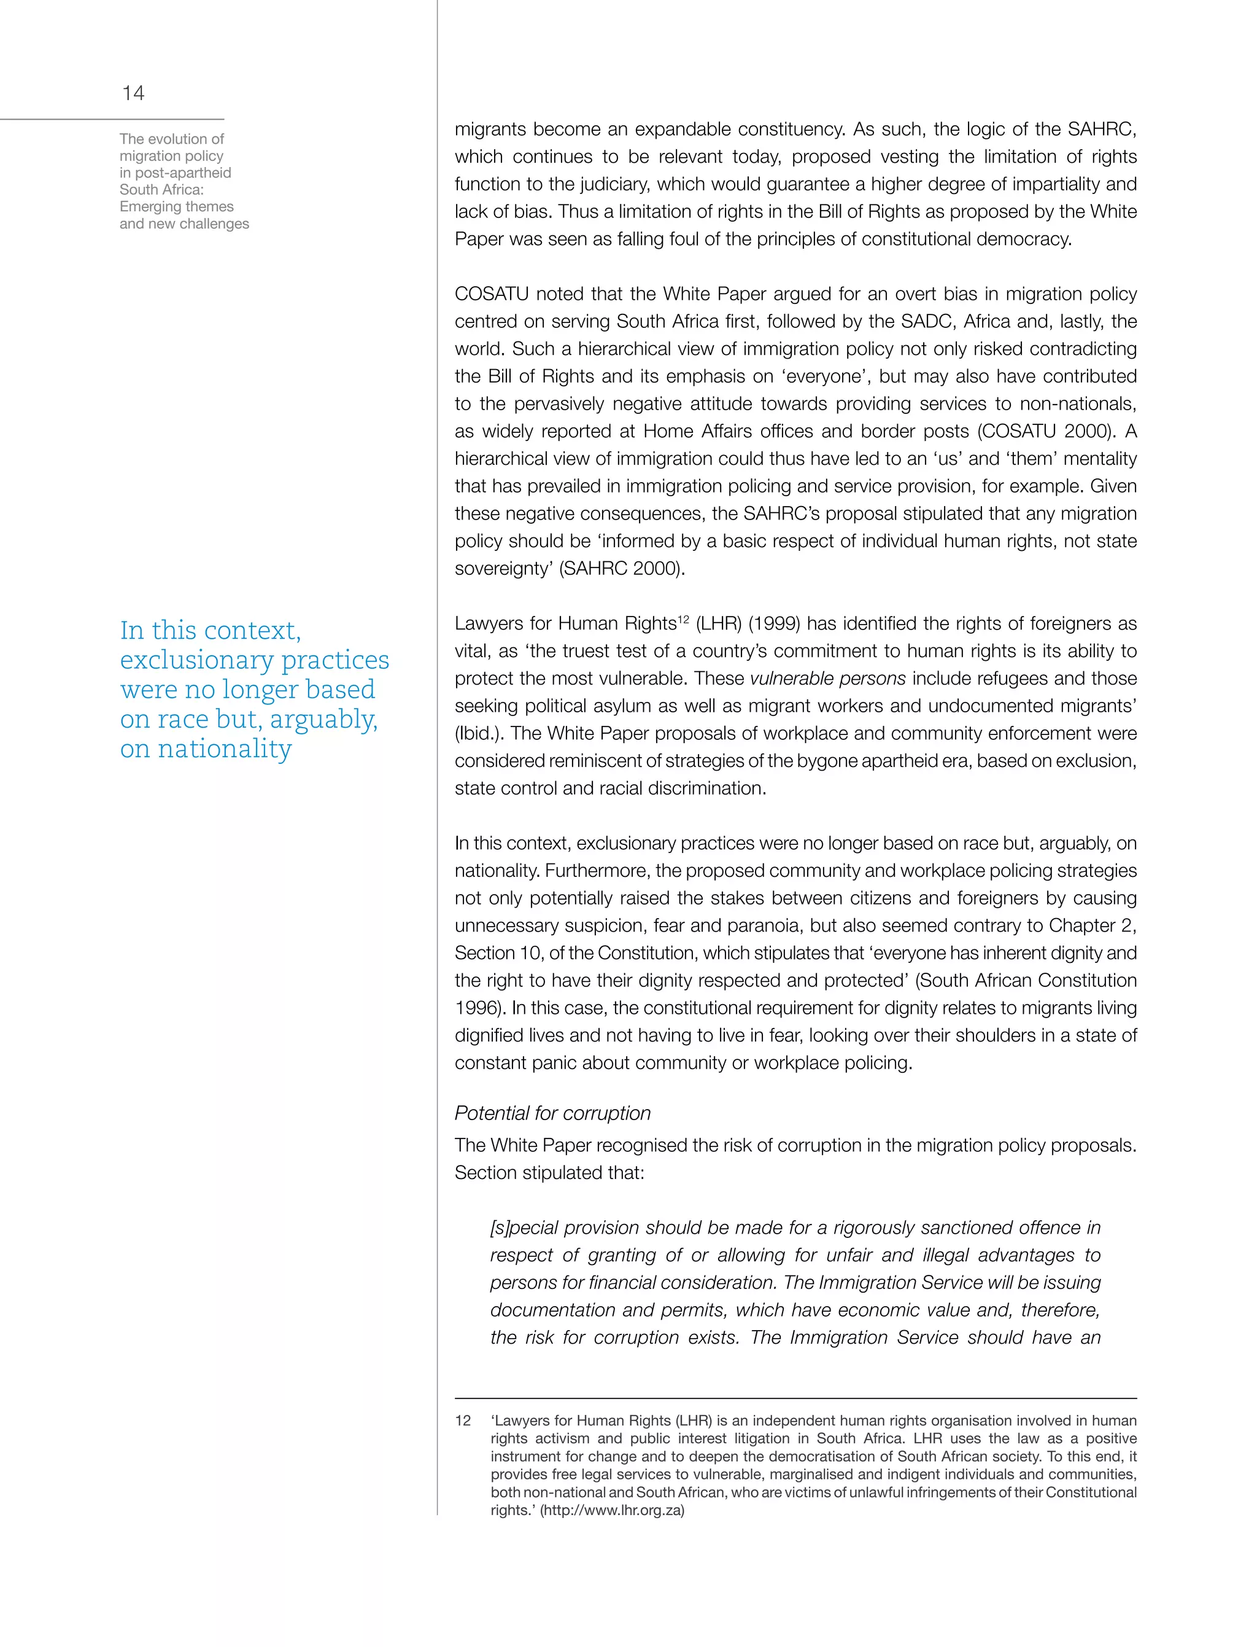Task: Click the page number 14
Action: [x=133, y=93]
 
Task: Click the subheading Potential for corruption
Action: [x=552, y=1113]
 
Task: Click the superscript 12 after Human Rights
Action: [x=683, y=618]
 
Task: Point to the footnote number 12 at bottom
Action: [x=463, y=1421]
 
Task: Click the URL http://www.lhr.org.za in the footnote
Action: [x=612, y=1510]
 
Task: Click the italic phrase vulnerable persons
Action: [x=827, y=678]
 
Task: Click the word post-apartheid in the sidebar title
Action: [x=184, y=173]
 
